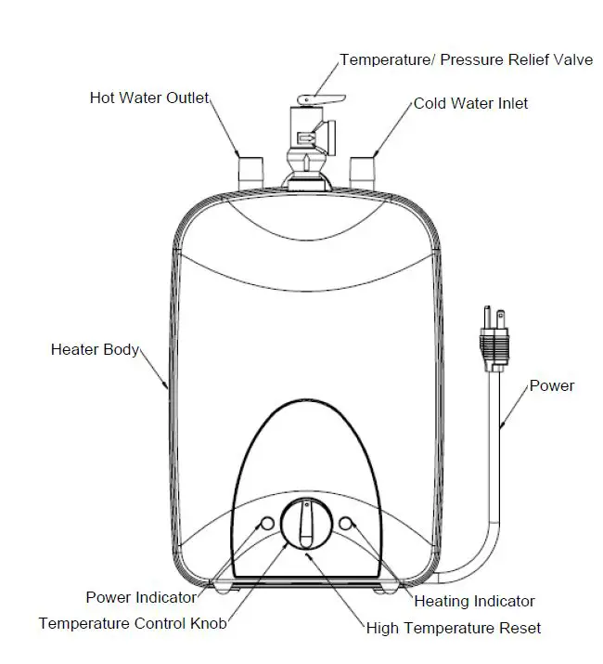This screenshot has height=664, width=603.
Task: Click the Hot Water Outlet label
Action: tap(149, 98)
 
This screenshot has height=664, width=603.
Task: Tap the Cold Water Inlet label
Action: tap(470, 103)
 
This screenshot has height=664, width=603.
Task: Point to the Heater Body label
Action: tap(95, 350)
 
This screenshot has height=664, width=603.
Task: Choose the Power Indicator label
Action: tap(141, 597)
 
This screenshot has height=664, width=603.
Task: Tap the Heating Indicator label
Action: tap(474, 601)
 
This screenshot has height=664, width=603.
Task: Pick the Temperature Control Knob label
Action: tap(133, 623)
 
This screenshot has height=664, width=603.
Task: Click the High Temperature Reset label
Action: tap(454, 628)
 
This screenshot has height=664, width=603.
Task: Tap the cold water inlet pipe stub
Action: tap(362, 170)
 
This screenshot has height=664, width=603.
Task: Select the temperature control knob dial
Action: tap(306, 524)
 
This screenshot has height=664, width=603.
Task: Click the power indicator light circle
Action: tap(267, 524)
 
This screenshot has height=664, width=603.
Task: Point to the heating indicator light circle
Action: tap(347, 524)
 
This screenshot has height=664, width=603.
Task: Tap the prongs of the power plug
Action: tap(493, 318)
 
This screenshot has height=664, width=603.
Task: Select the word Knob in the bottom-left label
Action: tap(208, 623)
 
